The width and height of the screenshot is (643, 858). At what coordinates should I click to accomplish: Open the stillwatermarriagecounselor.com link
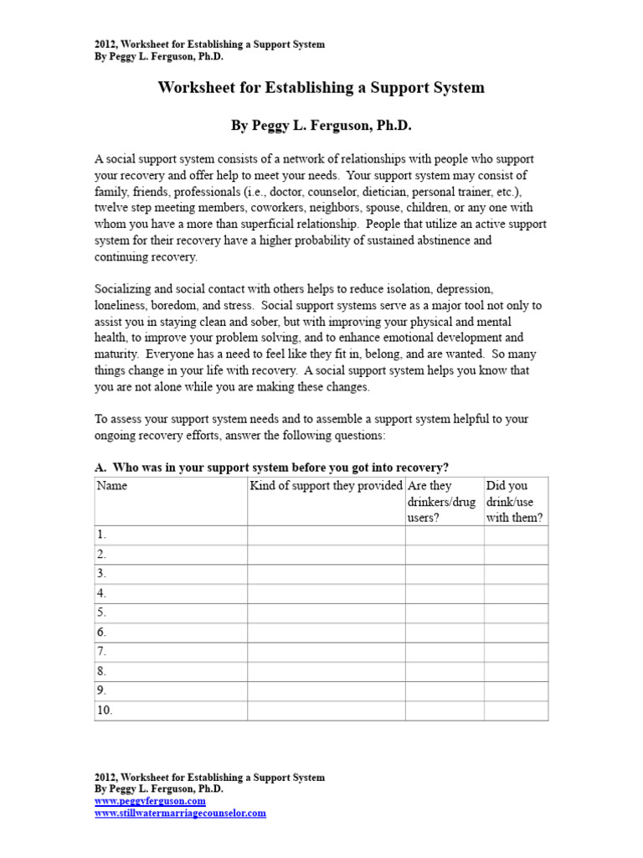[180, 813]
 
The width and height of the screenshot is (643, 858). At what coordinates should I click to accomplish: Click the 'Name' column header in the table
[112, 486]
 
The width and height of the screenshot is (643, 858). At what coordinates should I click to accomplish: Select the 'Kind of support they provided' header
[326, 486]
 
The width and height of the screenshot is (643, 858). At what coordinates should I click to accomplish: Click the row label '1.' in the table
[102, 535]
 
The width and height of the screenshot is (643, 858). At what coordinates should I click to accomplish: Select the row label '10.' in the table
[105, 711]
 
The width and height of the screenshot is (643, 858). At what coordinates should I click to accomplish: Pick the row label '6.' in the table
[102, 633]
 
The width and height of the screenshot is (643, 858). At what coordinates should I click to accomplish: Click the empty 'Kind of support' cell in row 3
[326, 574]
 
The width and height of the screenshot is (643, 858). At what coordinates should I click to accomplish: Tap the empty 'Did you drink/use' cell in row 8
[516, 671]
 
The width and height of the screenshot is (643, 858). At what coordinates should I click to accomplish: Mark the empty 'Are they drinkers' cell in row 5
[444, 612]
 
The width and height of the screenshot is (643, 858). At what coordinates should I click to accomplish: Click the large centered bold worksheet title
[321, 87]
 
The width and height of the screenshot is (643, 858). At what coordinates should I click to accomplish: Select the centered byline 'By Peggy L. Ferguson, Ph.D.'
[321, 126]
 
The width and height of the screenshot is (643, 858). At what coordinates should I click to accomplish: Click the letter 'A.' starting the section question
[100, 467]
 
